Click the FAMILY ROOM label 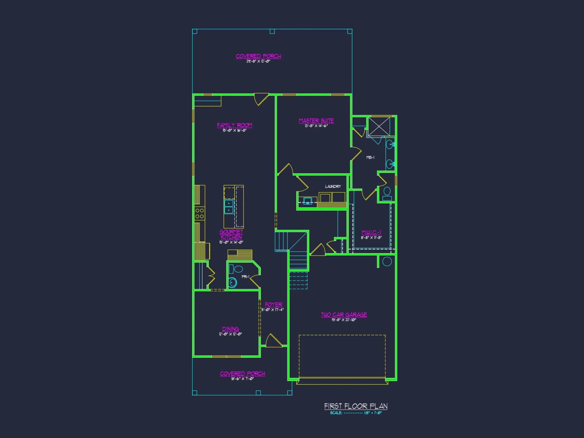[234, 125]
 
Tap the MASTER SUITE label [316, 121]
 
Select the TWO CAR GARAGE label [344, 314]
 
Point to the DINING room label [230, 329]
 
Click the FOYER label [274, 305]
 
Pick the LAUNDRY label [333, 186]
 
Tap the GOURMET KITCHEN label [231, 234]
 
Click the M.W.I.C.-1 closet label [371, 232]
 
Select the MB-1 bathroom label [370, 157]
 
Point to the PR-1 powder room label [245, 277]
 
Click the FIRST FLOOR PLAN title [356, 406]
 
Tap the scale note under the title [356, 413]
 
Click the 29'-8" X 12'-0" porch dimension [258, 61]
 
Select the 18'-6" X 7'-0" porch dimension [242, 379]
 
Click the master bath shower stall [379, 126]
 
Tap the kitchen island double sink [229, 206]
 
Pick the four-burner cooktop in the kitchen [200, 213]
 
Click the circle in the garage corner [387, 261]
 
